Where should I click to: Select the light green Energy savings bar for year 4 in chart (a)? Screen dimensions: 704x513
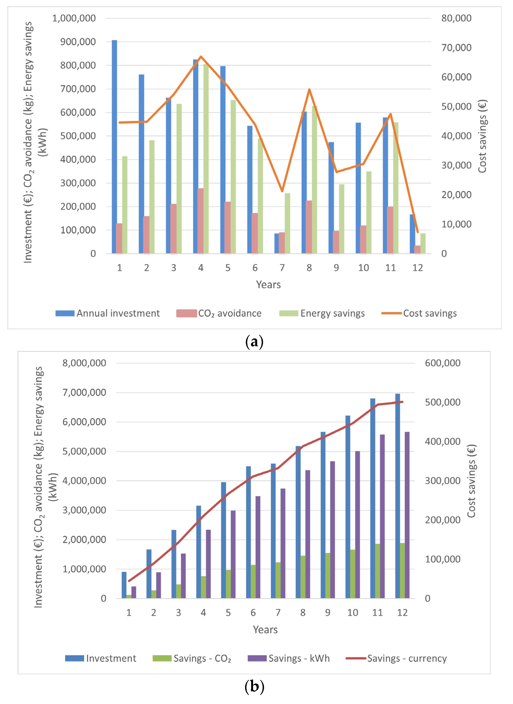coord(206,158)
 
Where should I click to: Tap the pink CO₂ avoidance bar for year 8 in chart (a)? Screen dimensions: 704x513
coord(309,227)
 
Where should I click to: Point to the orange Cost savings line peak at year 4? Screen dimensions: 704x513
coord(201,56)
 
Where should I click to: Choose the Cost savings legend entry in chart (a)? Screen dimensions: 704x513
coord(419,313)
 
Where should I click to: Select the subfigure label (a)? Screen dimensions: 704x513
coord(254,342)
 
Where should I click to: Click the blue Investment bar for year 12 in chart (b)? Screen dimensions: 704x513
coord(397,497)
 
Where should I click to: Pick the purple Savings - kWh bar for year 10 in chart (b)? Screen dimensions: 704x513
coord(357,525)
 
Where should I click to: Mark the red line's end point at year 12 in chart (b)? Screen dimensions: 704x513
coord(402,402)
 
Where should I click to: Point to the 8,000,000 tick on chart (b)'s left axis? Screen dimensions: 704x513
coord(84,363)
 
